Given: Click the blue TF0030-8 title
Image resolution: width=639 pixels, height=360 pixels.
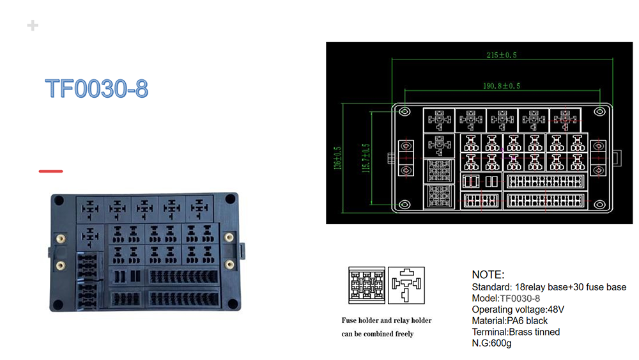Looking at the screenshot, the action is tap(96, 88).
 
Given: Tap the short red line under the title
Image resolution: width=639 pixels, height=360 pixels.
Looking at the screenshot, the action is tap(51, 171).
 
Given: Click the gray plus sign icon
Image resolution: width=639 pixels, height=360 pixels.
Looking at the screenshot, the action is tap(33, 26).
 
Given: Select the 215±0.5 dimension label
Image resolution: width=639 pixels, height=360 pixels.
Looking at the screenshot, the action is tap(502, 55).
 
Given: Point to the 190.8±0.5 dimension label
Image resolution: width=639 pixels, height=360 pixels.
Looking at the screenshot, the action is tap(502, 86).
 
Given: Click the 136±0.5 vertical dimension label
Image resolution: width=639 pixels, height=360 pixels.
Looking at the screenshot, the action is tap(338, 158).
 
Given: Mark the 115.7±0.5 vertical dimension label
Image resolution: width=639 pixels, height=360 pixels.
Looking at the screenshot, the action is tap(366, 158).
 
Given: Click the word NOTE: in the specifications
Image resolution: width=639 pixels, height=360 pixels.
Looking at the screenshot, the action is tap(488, 274).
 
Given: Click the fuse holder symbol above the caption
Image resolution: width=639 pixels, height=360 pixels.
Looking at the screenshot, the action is tap(367, 285).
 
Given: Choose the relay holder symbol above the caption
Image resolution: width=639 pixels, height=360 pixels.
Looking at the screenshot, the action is tap(406, 285).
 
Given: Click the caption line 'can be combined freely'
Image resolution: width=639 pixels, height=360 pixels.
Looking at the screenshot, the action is tap(378, 334).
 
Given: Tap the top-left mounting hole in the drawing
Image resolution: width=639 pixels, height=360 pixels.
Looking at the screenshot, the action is tap(404, 112).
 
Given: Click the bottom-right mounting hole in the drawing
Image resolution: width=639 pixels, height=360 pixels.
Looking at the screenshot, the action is tap(599, 204).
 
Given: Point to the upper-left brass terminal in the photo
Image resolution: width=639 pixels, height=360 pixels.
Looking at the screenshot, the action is tap(61, 239).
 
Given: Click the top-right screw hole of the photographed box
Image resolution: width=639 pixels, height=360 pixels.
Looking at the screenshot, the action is tap(230, 199).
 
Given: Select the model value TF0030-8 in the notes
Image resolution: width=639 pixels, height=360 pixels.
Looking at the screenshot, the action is tap(520, 299).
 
